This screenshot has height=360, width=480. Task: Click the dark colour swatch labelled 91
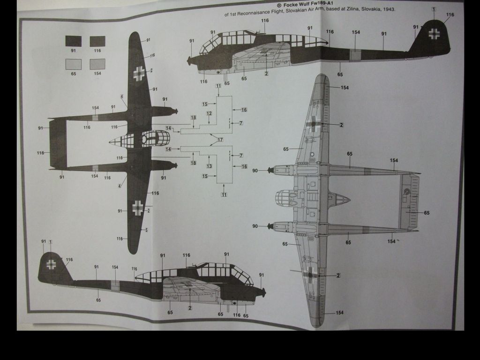(74, 41)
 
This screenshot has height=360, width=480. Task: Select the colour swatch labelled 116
(97, 41)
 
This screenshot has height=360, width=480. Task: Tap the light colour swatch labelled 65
(74, 64)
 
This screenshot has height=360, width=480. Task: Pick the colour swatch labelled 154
(97, 64)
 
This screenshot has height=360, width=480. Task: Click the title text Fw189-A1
(324, 3)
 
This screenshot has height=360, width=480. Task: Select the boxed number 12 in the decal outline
(209, 114)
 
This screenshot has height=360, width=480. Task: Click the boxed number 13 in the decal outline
(209, 166)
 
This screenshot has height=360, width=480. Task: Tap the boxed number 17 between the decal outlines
(220, 140)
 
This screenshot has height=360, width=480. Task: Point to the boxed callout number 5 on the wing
(146, 230)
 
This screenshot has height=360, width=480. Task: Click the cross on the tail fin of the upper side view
(435, 33)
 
